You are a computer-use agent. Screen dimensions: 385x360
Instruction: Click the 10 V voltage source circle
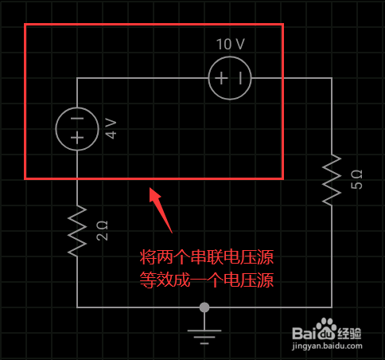tap(230, 57)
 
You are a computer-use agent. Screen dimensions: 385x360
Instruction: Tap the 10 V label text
tap(230, 44)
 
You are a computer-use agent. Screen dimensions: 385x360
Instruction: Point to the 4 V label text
tap(111, 129)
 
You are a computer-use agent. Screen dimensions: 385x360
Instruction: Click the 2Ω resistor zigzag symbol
tap(77, 231)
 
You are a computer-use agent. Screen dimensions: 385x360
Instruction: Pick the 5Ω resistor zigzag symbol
tap(332, 180)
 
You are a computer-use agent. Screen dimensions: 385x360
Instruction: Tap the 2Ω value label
tap(102, 231)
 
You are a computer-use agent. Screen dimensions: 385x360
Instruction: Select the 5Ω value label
tap(356, 179)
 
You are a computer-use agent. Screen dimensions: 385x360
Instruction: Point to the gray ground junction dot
tap(204, 307)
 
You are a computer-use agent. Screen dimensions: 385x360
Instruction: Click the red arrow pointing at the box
tap(161, 210)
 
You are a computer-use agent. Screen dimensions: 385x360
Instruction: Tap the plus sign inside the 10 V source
tap(221, 78)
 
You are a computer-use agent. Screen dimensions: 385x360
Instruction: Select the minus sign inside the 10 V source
tap(240, 78)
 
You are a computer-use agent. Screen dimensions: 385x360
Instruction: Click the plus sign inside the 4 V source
tap(77, 138)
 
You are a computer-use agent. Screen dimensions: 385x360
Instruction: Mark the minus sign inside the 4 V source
tap(77, 119)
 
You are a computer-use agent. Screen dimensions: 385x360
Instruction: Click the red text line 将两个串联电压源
tap(207, 257)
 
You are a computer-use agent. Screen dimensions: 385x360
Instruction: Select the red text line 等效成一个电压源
tap(207, 280)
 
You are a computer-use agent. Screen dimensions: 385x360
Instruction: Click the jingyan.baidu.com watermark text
tap(327, 346)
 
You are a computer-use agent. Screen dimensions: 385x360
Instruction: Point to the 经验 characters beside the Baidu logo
tap(349, 334)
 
